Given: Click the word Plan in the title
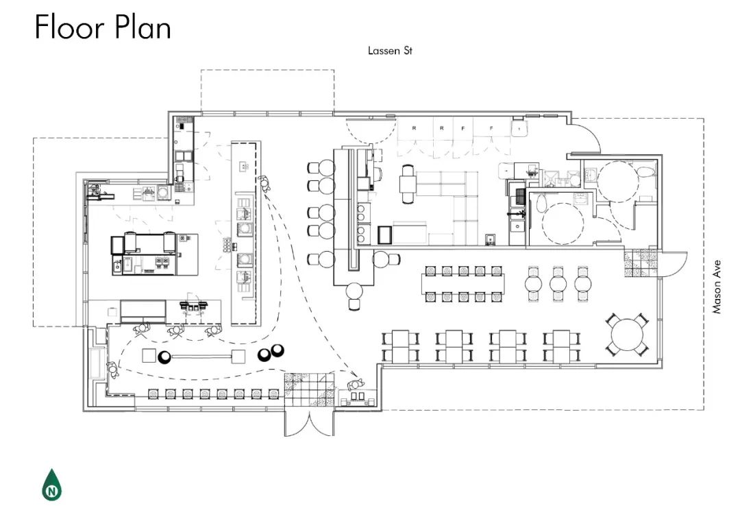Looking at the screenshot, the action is point(143,27).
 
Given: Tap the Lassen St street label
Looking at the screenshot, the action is point(390,51).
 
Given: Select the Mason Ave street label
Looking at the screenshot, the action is point(717,287).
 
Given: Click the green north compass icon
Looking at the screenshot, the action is point(52,485).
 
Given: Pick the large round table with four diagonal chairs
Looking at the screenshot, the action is point(627,335).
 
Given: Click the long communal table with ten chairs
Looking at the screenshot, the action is point(463,283).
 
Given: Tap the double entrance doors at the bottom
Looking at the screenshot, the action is point(309,423).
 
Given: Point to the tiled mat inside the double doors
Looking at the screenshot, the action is point(309,389).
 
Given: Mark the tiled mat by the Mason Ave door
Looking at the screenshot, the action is point(641,263).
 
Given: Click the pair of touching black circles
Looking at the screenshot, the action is point(271,352).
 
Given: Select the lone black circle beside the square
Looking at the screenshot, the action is point(165,358).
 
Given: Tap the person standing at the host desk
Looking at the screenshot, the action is point(356,385).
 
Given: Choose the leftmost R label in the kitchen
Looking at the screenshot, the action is point(415,128).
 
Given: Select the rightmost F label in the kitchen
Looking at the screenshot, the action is point(491,128).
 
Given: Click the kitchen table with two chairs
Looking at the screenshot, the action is point(408,183).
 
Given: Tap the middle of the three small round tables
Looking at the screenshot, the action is point(558,284).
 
